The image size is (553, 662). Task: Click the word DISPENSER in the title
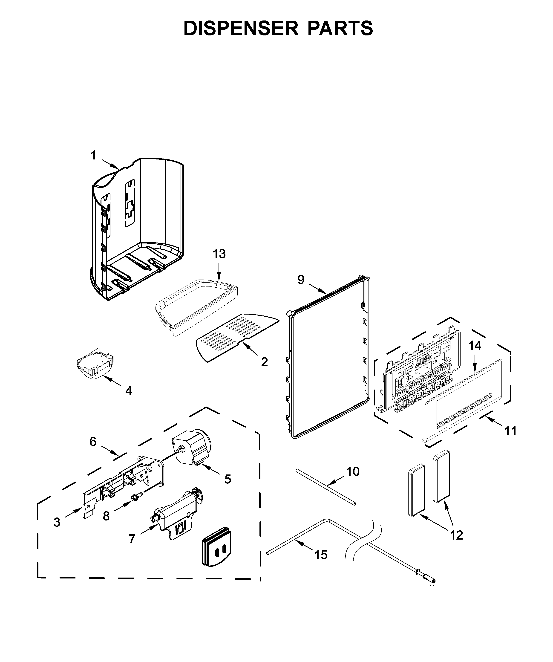point(241,28)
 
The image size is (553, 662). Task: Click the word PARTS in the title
point(340,28)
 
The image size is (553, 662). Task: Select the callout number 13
point(219,254)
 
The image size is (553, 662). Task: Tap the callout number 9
point(301,280)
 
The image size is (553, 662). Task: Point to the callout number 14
point(475,346)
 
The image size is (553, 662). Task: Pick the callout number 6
point(93,442)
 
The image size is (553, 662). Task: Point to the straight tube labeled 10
point(325,491)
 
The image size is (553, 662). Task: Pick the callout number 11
point(510,431)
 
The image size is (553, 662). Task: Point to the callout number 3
point(57,522)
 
